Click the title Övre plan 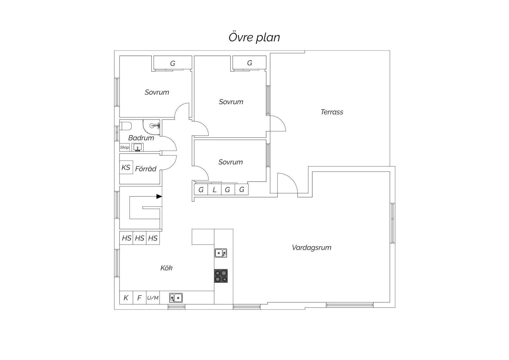(254, 37)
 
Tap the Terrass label (332, 112)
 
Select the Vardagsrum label (311, 248)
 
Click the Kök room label (166, 268)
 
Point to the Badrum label (141, 138)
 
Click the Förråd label (146, 169)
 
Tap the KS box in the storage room (126, 168)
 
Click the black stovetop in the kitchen (221, 276)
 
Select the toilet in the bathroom (126, 126)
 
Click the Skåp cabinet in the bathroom (124, 147)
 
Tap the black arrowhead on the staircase (159, 197)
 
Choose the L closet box (214, 190)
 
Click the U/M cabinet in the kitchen (153, 298)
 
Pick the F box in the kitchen (140, 298)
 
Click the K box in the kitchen (126, 298)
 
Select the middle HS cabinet (140, 238)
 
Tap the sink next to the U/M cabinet (176, 298)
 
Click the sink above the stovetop (221, 253)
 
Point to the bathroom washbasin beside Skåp (138, 147)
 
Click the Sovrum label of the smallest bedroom (230, 162)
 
